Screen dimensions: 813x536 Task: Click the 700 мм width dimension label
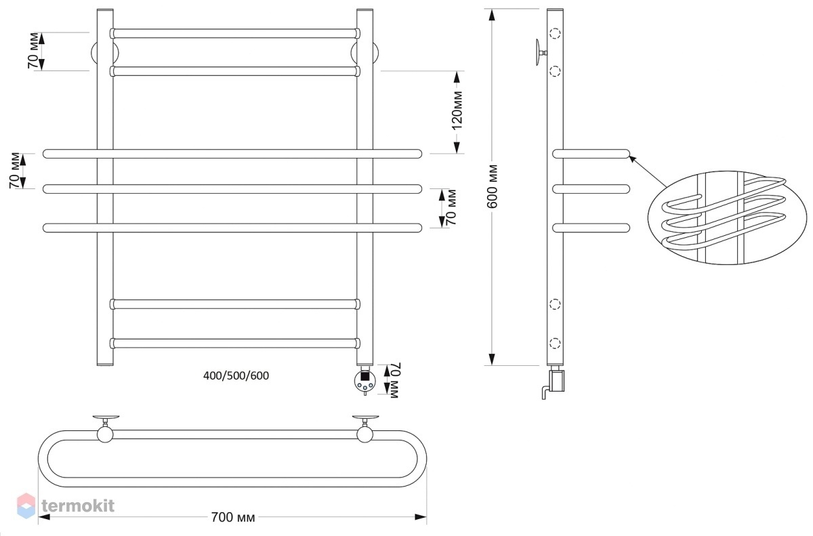tap(233, 517)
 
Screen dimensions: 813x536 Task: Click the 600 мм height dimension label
tap(492, 186)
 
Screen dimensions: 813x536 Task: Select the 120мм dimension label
tap(457, 110)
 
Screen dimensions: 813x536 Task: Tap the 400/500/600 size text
tap(236, 375)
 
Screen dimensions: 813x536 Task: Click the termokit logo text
tap(78, 506)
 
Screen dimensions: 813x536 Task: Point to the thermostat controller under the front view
tap(364, 381)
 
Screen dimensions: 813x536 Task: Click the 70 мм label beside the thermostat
tap(394, 381)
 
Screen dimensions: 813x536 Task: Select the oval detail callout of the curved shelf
tap(728, 218)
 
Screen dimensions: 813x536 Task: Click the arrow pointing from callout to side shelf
tap(648, 171)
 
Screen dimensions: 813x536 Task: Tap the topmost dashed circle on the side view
tap(555, 34)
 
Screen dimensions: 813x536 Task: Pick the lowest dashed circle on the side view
tap(555, 343)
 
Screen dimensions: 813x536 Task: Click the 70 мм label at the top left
tap(33, 51)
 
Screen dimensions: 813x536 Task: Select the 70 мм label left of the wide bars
tap(15, 171)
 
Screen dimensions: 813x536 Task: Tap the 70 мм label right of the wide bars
tap(451, 207)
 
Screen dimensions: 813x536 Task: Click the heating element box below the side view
tap(556, 381)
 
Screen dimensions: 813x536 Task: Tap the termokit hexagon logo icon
tap(26, 506)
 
